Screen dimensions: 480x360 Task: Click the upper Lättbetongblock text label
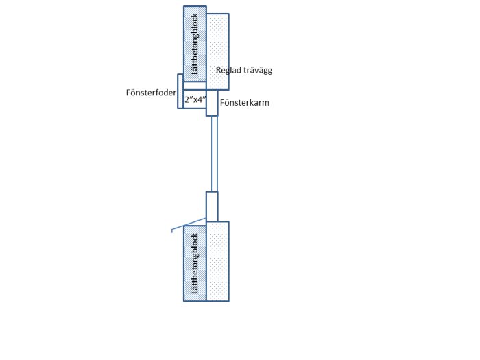tap(195, 44)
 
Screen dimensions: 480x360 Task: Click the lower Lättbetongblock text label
tap(195, 263)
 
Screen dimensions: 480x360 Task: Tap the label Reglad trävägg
tap(244, 71)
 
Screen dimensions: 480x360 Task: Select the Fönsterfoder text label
tap(151, 93)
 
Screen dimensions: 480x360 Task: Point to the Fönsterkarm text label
tap(245, 103)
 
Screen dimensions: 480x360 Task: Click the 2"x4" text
tap(195, 99)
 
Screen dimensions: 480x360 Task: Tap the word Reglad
tap(228, 71)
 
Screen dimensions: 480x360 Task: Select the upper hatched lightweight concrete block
tap(195, 44)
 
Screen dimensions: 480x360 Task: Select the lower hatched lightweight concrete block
tap(195, 263)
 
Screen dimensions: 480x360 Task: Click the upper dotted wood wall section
tap(217, 51)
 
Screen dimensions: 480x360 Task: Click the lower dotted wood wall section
tap(217, 261)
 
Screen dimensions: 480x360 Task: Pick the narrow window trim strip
tap(180, 91)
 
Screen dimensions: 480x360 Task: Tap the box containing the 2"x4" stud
tap(195, 99)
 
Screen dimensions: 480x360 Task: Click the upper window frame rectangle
tap(212, 103)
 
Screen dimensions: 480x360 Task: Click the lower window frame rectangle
tap(212, 206)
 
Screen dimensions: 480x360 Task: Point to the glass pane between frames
tap(214, 154)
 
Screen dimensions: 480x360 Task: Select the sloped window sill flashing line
tap(189, 224)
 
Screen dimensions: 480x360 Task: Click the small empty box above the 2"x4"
tap(195, 86)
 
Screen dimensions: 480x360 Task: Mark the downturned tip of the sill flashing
tap(172, 232)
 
